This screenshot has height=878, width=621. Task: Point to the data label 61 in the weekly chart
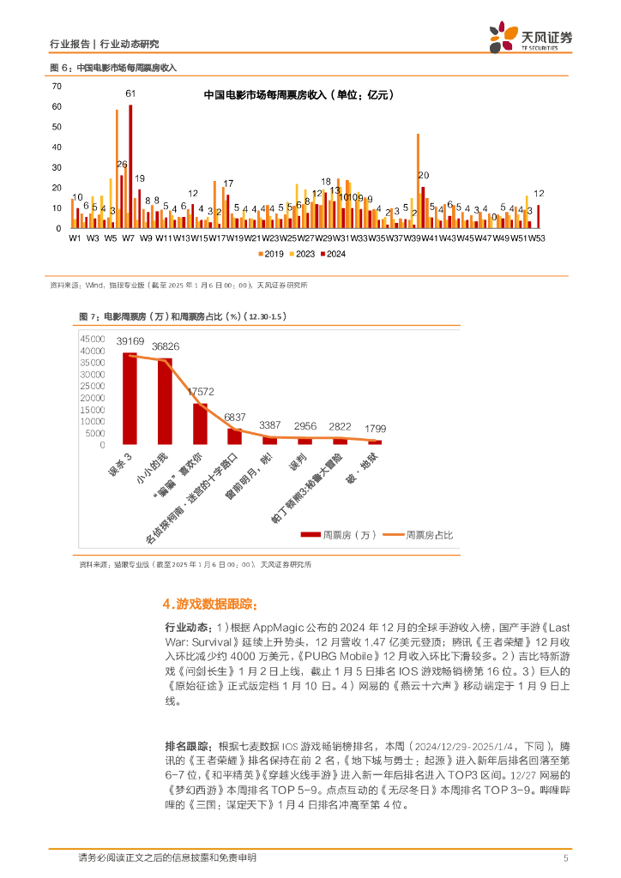tap(130, 93)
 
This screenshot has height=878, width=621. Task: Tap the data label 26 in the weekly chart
tap(122, 164)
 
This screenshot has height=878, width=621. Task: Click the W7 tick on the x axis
tap(129, 238)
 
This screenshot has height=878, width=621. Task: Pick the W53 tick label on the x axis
tap(537, 238)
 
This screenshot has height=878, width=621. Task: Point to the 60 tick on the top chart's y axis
tap(57, 106)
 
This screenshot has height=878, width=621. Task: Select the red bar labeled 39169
tap(130, 398)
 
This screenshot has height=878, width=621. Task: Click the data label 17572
tap(200, 392)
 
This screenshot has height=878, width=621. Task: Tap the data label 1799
tap(376, 428)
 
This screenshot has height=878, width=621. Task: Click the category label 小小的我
tap(149, 468)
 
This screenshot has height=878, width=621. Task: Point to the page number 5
tap(565, 857)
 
